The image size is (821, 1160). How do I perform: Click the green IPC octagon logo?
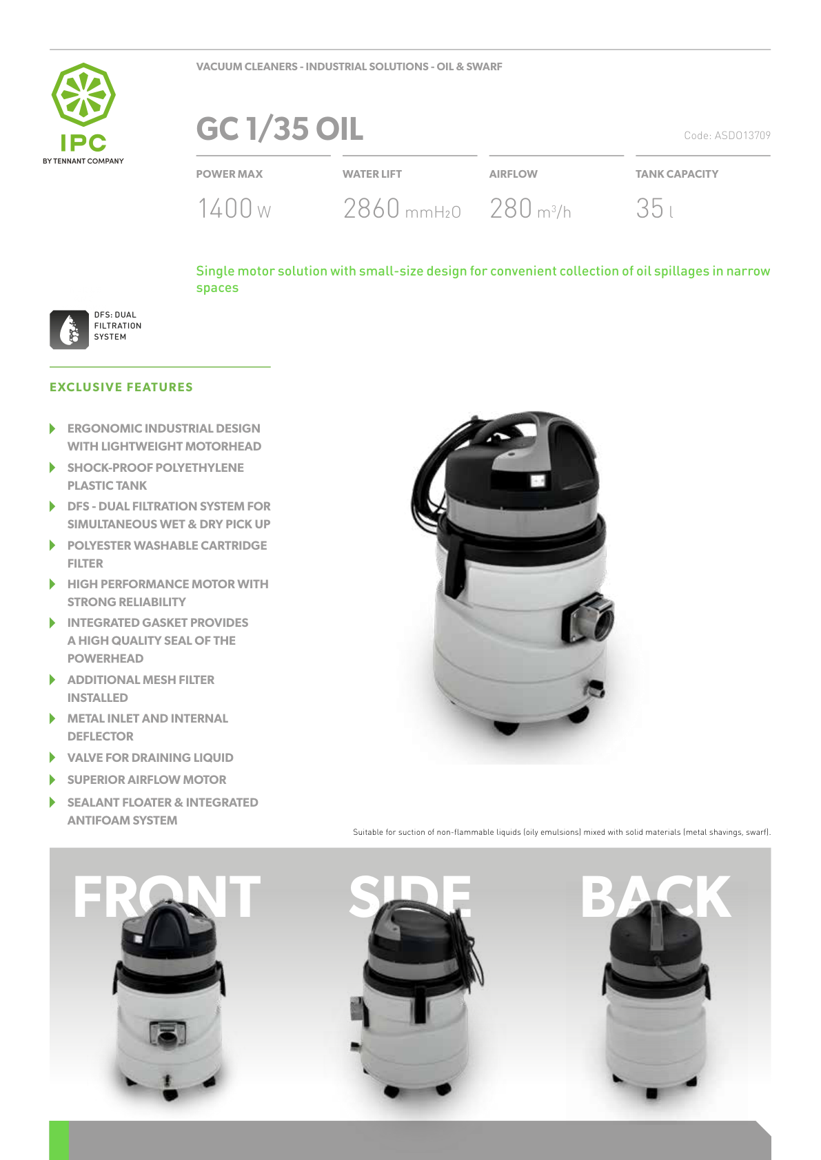(83, 94)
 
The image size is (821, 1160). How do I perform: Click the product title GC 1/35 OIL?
(279, 128)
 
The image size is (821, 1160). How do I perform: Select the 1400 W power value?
(234, 208)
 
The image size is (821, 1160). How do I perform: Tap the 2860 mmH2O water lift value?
(402, 208)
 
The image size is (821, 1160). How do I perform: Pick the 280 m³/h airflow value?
(530, 208)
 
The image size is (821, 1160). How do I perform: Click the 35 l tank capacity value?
(655, 208)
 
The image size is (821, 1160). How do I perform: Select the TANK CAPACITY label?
(676, 174)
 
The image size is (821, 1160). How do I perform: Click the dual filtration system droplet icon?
(70, 329)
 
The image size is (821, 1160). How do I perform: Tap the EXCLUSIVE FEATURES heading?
(121, 387)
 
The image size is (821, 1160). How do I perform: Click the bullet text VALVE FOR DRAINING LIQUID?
(150, 758)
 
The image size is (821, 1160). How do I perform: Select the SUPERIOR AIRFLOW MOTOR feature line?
(147, 779)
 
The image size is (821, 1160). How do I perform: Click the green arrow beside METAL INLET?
(52, 718)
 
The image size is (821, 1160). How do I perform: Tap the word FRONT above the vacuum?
(166, 896)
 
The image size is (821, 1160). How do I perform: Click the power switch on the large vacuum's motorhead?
(538, 481)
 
